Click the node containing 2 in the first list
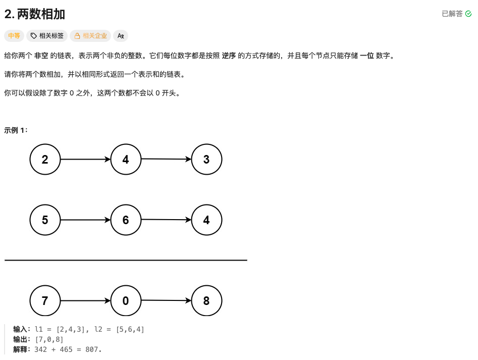click(x=45, y=160)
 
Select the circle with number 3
click(x=206, y=160)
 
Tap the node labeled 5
click(x=45, y=220)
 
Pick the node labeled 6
click(x=126, y=220)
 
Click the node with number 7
click(x=45, y=301)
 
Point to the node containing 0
click(x=126, y=301)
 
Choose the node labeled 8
click(x=206, y=301)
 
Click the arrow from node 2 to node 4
click(x=85, y=160)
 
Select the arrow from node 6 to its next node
click(x=166, y=220)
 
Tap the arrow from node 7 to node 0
click(x=85, y=301)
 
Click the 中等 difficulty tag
click(x=14, y=36)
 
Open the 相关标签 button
click(x=47, y=36)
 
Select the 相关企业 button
click(x=91, y=36)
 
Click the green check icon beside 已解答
click(x=468, y=14)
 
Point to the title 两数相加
click(x=41, y=14)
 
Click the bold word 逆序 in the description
click(x=229, y=56)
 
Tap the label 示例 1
click(x=16, y=130)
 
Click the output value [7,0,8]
click(x=49, y=339)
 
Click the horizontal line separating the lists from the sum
click(x=126, y=261)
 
